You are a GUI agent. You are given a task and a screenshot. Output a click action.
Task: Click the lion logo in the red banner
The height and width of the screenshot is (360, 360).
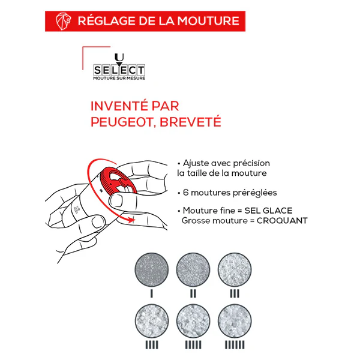coord(63,21)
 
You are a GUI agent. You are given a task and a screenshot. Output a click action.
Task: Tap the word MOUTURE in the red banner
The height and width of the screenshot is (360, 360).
coord(208,21)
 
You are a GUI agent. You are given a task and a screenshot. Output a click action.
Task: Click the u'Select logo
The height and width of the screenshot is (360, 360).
coord(119,67)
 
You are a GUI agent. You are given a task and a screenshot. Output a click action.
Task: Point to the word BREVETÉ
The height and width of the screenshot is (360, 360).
coord(190,122)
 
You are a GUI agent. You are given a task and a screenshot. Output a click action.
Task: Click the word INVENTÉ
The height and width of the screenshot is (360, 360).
coord(119,106)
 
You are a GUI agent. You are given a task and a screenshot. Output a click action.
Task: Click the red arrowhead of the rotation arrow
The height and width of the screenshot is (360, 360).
coord(131,220)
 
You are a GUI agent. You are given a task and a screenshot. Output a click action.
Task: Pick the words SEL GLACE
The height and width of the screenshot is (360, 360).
coord(268,211)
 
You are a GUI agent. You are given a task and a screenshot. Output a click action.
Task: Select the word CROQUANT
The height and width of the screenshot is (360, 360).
coord(282,221)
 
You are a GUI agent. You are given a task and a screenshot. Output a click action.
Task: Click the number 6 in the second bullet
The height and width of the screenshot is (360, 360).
coord(185,193)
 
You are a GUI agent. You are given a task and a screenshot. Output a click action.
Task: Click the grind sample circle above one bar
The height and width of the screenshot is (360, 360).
coord(152,269)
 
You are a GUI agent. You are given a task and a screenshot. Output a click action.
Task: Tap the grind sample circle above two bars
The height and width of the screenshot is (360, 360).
coord(193,269)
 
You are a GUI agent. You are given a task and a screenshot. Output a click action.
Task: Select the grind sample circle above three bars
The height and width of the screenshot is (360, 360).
coord(235,269)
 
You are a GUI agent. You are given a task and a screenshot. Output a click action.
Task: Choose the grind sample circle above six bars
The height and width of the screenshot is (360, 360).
coord(235,321)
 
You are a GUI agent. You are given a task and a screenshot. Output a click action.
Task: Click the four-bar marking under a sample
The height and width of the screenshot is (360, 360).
coord(152,345)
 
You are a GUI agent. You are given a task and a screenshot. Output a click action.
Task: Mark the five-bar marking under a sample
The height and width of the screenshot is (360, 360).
coord(193,345)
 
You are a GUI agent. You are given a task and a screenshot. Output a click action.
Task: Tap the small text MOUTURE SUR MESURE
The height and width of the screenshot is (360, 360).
coord(119,78)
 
